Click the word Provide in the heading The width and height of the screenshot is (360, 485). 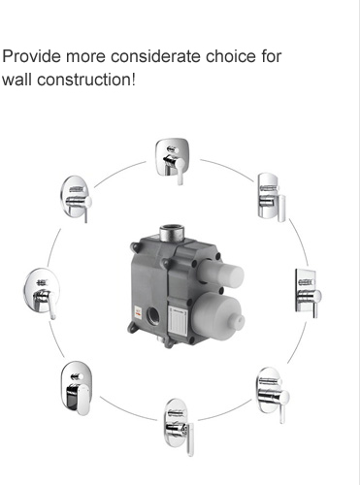[31, 56]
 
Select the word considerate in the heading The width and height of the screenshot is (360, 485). [156, 56]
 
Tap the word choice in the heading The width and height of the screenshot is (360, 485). [231, 56]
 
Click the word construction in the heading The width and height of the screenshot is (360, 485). [84, 80]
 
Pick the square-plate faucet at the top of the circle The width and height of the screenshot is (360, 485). [172, 161]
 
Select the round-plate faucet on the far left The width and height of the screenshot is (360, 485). [42, 293]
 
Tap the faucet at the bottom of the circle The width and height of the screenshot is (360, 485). [179, 427]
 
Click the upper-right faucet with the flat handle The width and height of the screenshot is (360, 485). [272, 197]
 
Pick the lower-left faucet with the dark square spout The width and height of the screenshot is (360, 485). [76, 388]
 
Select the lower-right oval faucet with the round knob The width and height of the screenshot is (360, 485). [273, 394]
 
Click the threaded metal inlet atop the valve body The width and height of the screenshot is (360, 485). [172, 233]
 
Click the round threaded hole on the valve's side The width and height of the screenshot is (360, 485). [152, 315]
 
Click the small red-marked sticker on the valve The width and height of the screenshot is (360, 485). [138, 313]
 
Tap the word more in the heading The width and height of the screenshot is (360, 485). [85, 56]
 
